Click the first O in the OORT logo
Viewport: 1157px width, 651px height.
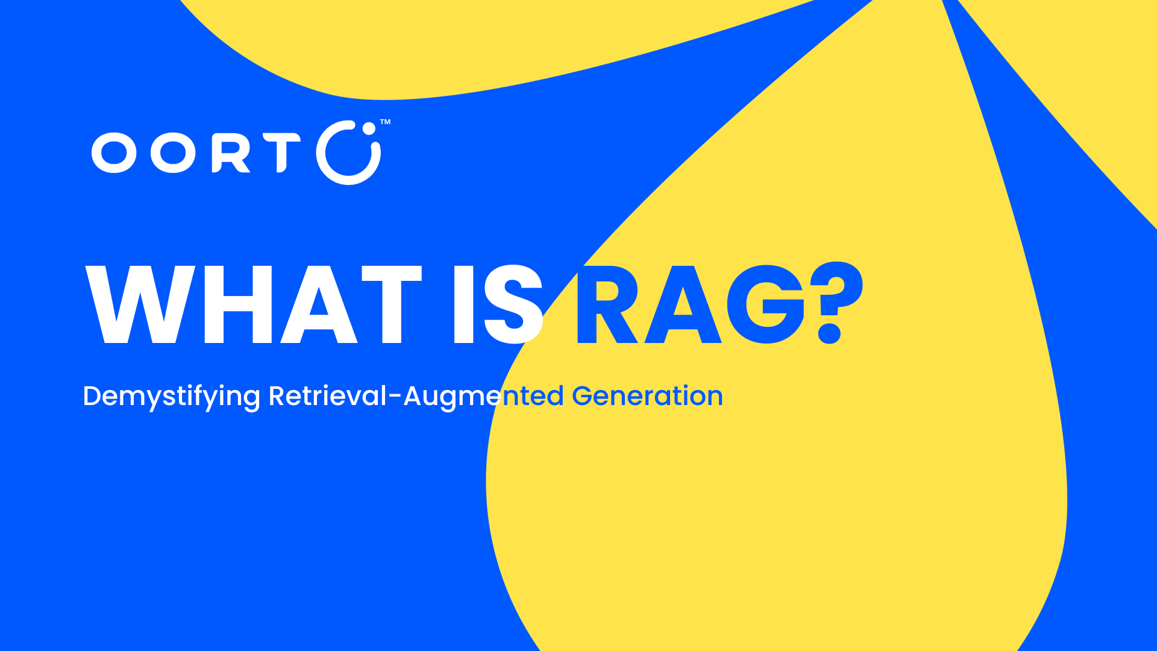pos(114,153)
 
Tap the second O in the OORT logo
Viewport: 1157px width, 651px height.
pos(173,153)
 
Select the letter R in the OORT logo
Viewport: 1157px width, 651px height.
pos(231,153)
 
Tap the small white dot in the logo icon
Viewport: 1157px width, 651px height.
pos(368,128)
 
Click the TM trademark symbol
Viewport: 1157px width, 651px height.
pos(385,122)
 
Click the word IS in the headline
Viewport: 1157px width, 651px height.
pos(498,304)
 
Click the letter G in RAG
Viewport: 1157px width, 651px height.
pos(766,304)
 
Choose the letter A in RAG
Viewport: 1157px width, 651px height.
pos(683,304)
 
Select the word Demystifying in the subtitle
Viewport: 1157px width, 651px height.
pos(172,397)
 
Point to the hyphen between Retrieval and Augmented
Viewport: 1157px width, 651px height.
pos(395,397)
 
